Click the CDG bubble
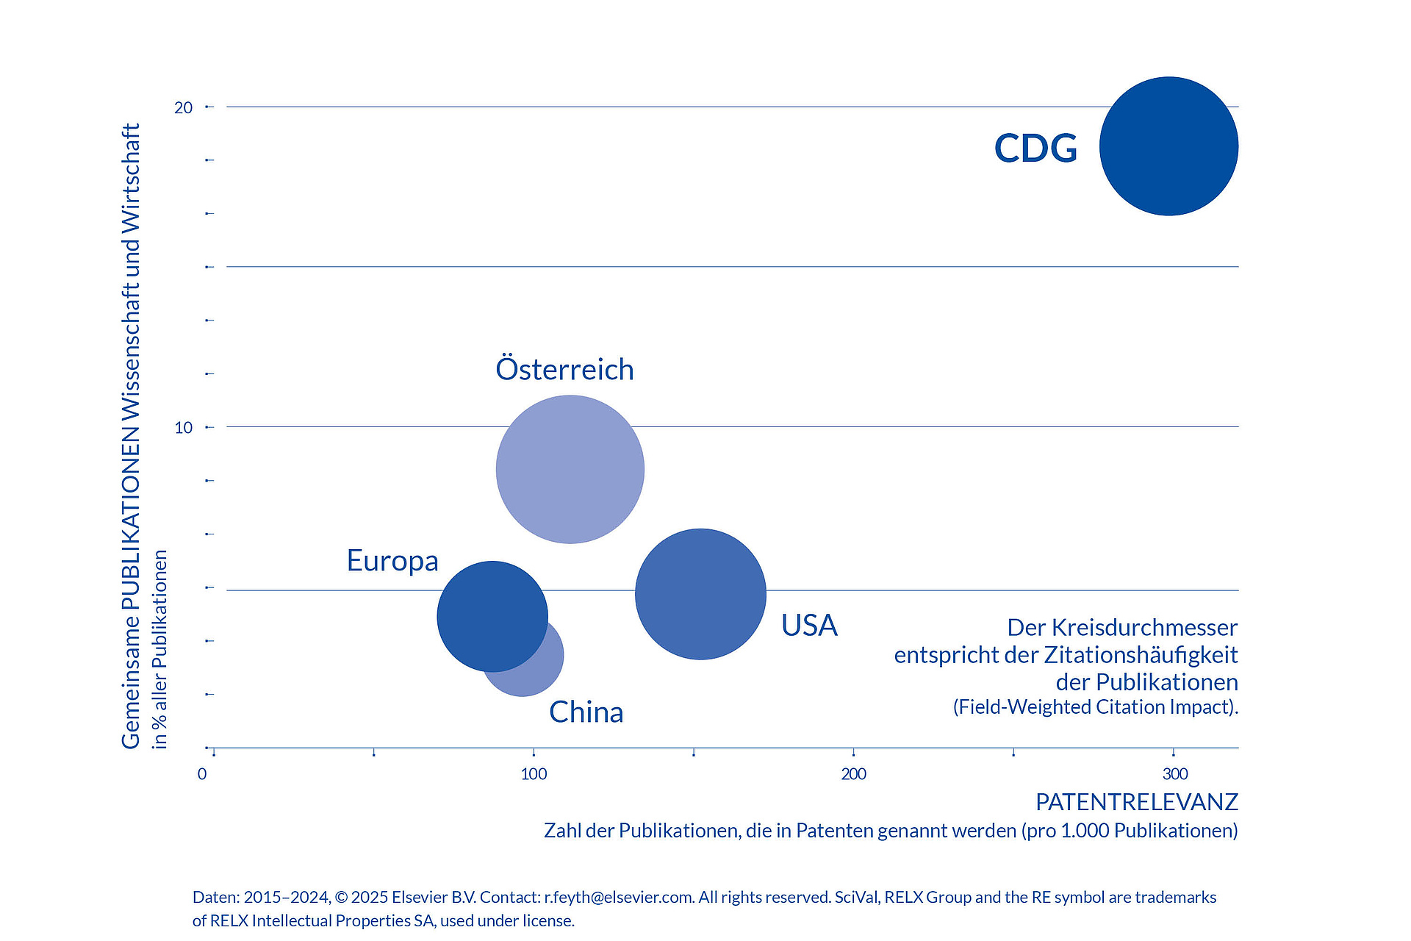point(1168,146)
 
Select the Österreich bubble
point(570,469)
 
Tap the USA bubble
point(700,594)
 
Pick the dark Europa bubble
point(492,616)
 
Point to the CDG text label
point(1035,148)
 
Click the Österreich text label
point(564,369)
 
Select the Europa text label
point(392,561)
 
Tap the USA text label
point(809,626)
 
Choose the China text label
point(586,712)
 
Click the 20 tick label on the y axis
point(183,108)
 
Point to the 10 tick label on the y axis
point(183,428)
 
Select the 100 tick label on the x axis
point(534,774)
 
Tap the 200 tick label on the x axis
point(853,774)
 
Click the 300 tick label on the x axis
point(1175,774)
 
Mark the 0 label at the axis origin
point(202,774)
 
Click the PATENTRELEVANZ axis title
point(1136,802)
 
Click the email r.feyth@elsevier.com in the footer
point(618,898)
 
